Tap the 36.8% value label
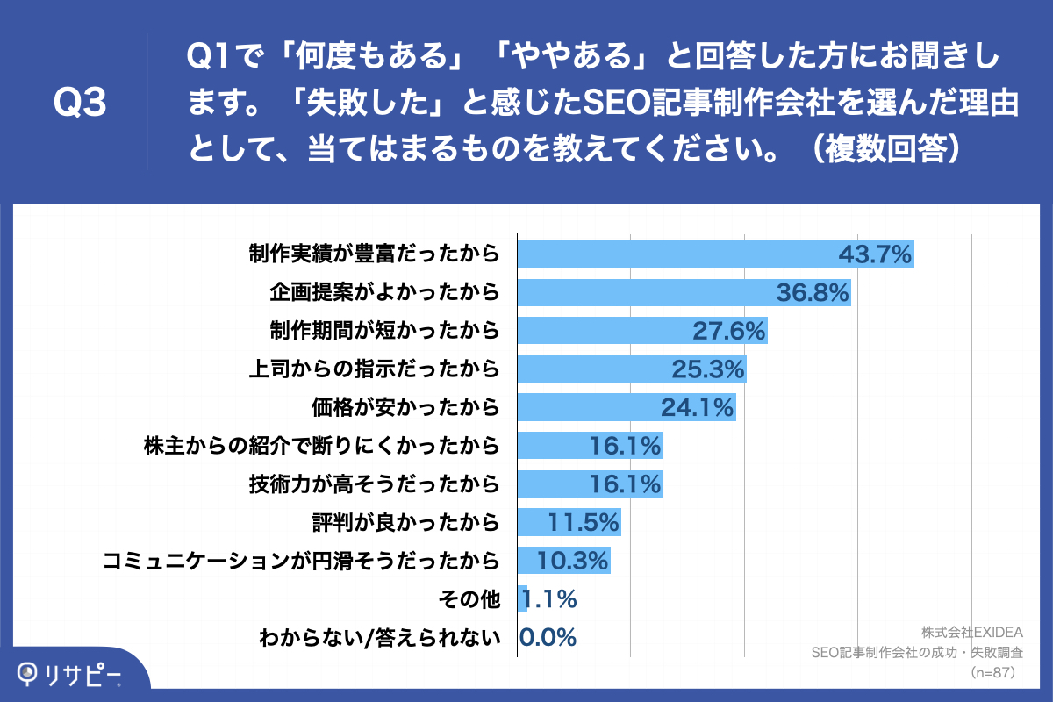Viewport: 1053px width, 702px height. (813, 293)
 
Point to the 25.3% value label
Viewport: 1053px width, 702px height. (708, 369)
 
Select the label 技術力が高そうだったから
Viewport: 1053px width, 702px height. (374, 484)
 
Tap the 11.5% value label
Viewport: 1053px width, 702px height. (584, 522)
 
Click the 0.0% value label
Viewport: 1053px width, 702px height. (548, 637)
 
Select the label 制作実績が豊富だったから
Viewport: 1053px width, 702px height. (374, 254)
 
